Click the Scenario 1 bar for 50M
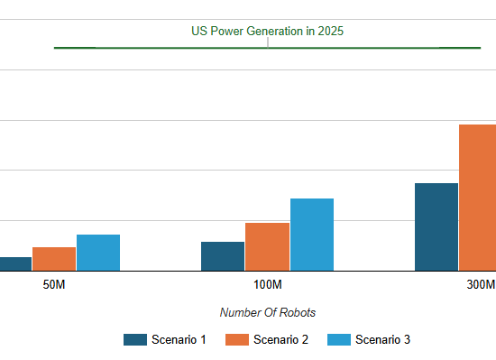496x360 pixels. (x=15, y=263)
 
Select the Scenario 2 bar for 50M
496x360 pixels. (x=54, y=259)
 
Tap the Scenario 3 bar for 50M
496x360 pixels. (x=98, y=253)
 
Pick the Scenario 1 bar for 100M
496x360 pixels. (x=223, y=256)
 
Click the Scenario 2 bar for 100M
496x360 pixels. (x=267, y=246)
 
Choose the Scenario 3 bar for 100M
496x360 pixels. (x=311, y=235)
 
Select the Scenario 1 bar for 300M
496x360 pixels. (x=436, y=226)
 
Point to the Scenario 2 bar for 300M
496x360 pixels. (x=478, y=198)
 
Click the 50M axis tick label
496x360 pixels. (x=54, y=285)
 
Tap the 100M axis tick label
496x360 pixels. (x=267, y=285)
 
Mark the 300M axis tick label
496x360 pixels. (x=481, y=285)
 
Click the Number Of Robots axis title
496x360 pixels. (x=267, y=312)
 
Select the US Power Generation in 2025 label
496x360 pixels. (x=267, y=31)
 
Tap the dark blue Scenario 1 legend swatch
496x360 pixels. (x=135, y=340)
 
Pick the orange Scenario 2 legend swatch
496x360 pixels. (x=236, y=340)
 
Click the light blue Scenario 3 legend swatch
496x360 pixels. (x=338, y=340)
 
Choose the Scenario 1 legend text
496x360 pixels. (x=179, y=340)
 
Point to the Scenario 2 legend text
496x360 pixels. (x=280, y=340)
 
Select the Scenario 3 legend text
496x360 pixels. (x=382, y=340)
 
